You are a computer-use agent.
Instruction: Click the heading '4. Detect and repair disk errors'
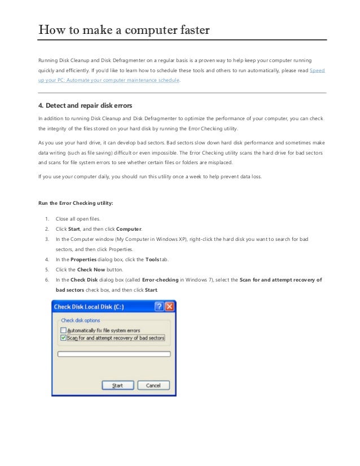point(85,105)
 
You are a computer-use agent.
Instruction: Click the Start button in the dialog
point(117,385)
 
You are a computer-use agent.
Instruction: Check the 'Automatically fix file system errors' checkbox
point(63,330)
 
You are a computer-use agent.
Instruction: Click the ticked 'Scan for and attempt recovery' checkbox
point(63,338)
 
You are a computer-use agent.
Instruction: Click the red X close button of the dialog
point(169,307)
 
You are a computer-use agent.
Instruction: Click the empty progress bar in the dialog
point(114,354)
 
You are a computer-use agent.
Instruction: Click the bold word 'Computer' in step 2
point(129,229)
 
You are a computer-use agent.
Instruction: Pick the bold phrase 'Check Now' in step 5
point(90,269)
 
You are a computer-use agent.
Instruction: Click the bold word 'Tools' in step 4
point(152,259)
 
